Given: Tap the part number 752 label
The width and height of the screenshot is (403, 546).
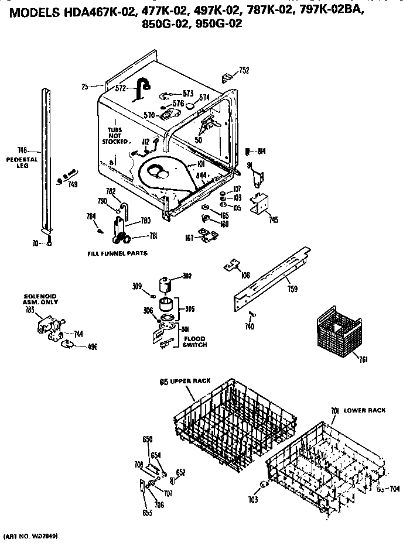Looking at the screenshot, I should pos(244,71).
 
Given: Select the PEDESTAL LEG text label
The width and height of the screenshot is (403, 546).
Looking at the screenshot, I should pos(22,162).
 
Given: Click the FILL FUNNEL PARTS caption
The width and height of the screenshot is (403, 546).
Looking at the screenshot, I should pos(117,253).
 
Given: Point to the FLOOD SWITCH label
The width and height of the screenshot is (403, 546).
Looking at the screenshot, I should pos(195,342).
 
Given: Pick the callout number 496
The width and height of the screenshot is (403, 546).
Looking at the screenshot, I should pos(93,346).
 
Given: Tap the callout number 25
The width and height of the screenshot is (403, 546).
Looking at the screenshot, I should pos(85,87).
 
